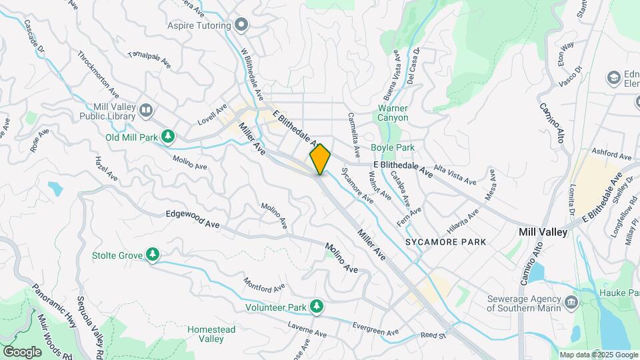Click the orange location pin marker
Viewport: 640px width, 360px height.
[x=320, y=159]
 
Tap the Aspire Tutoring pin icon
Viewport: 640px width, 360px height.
[x=241, y=26]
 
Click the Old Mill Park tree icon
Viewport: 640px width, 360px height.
[x=169, y=137]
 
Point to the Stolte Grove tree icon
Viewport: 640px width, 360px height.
[x=153, y=255]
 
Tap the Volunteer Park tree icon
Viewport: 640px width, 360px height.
[x=317, y=307]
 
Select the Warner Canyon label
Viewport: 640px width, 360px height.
[x=393, y=113]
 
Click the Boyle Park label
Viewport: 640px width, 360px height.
[x=393, y=148]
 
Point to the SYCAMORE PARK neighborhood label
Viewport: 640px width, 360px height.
[x=445, y=241]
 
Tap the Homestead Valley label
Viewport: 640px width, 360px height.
[x=211, y=334]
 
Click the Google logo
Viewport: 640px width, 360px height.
[x=22, y=351]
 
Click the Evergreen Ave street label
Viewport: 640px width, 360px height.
[x=375, y=329]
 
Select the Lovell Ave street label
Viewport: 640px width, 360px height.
[x=213, y=114]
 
